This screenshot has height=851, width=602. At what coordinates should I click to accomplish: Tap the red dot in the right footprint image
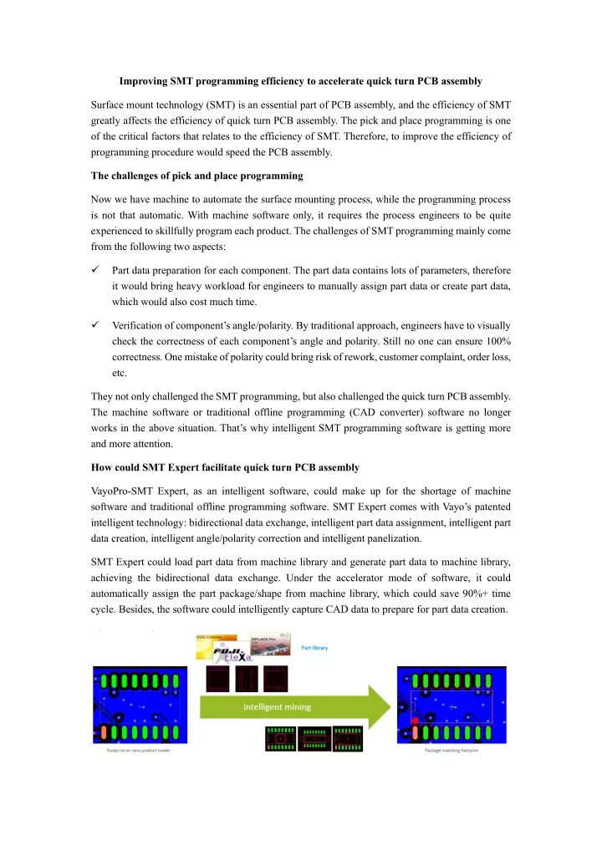pos(415,720)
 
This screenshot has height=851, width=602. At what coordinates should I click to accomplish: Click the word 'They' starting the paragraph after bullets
pos(101,399)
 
